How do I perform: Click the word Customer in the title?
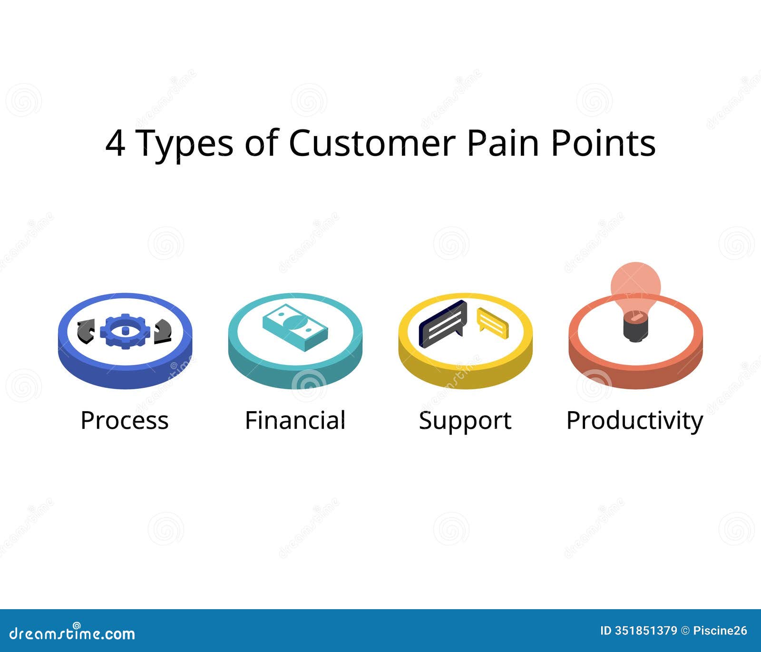pos(372,143)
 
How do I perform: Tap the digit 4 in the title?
pos(115,144)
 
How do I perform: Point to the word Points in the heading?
pos(603,143)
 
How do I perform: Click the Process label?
pos(125,420)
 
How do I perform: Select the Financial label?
pos(295,420)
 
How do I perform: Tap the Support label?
pos(465,421)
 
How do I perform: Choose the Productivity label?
pos(634,421)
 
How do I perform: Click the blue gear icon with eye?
pos(125,331)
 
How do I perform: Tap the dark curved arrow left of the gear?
pos(86,331)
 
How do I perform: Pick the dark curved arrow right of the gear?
pos(163,331)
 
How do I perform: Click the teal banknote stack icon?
pos(295,327)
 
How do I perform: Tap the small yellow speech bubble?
pos(493,323)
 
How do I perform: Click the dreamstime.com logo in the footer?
pos(72,633)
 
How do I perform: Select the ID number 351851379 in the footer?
pos(646,631)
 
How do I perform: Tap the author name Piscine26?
pos(720,631)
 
